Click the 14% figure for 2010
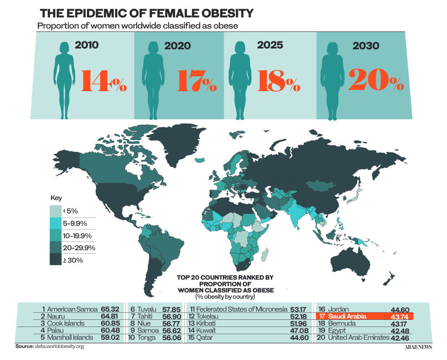coord(103,80)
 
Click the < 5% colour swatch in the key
coord(56,211)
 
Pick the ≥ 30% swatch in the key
coord(56,260)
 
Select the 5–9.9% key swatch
coord(56,223)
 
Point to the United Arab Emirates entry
coord(358,337)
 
